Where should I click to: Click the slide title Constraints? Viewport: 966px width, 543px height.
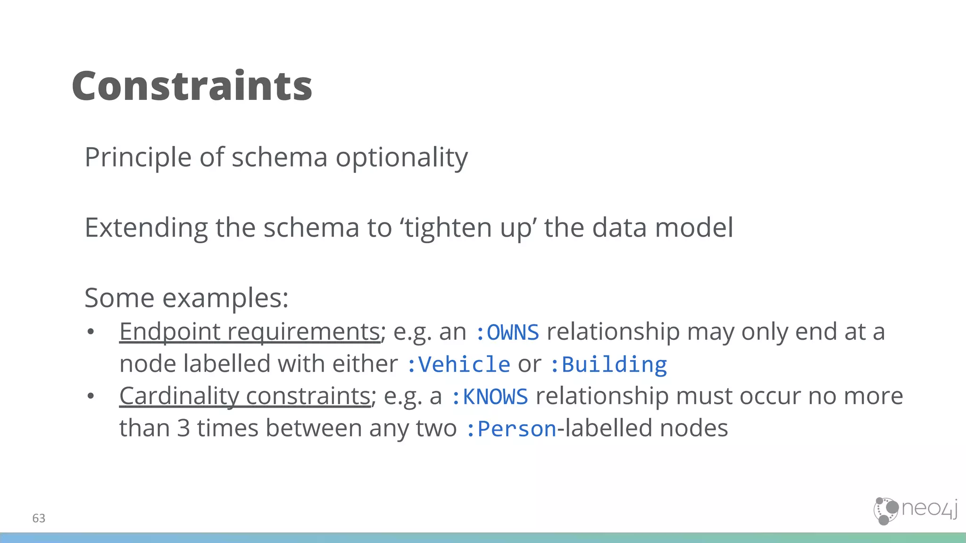tap(192, 86)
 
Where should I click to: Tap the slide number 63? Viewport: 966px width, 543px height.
tap(39, 518)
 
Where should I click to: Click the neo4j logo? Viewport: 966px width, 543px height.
tap(915, 510)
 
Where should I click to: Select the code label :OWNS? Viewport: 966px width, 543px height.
tap(507, 332)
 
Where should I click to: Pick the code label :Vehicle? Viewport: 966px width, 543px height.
tap(458, 364)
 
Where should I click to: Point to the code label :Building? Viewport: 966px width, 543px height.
tap(608, 364)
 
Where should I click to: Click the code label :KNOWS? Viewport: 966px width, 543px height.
tap(489, 396)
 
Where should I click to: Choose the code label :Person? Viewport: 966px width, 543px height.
tap(511, 428)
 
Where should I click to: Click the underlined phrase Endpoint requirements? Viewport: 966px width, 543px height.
tap(250, 331)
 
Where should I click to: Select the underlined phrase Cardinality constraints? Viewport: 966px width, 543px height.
tap(245, 396)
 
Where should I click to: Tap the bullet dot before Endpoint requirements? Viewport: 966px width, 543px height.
tap(91, 332)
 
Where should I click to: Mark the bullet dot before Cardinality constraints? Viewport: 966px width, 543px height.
tap(91, 396)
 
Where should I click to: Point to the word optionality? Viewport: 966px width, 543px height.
tap(401, 157)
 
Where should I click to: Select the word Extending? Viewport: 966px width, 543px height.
tap(146, 228)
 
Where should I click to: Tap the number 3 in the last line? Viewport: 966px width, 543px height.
tap(183, 428)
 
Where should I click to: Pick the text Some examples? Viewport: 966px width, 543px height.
tap(186, 298)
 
